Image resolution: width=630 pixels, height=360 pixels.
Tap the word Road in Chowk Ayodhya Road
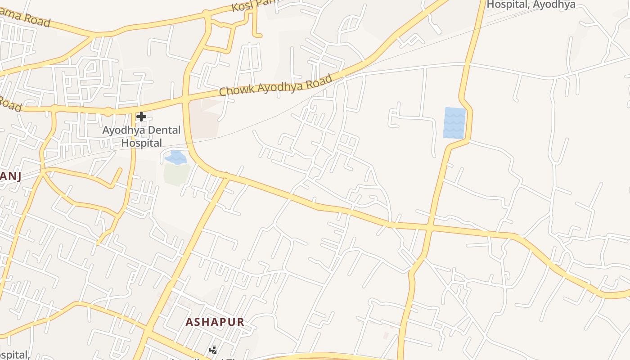coord(318,81)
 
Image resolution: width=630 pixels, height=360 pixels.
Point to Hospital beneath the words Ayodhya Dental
coord(142,143)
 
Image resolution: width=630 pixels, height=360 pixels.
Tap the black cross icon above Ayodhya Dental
coord(141,117)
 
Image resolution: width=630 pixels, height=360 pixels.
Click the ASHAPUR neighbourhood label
coord(215,322)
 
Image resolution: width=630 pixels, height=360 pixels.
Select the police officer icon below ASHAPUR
coord(213,350)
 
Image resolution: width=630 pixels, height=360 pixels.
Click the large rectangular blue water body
coord(454,122)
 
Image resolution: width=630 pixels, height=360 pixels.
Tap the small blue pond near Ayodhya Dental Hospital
coord(175,157)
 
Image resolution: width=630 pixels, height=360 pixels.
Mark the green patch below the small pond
coord(176,174)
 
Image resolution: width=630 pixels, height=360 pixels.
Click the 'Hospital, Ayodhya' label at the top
coord(531,4)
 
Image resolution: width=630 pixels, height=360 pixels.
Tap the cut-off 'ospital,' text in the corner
coord(13,355)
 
